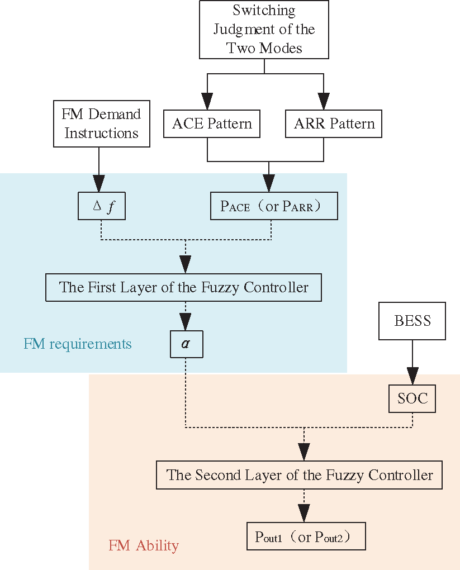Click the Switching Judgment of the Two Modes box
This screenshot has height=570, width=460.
[x=264, y=29]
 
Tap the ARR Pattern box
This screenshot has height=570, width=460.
[x=334, y=123]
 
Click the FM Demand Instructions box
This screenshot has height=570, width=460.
[x=101, y=123]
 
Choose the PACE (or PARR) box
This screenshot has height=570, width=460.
[x=274, y=206]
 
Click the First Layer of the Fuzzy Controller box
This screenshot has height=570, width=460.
[x=183, y=288]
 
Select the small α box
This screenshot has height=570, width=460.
[x=186, y=344]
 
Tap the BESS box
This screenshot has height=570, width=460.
[x=412, y=321]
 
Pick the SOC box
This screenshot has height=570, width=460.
[x=412, y=398]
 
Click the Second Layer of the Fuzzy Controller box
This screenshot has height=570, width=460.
[x=299, y=476]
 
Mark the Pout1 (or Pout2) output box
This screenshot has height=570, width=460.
[x=306, y=537]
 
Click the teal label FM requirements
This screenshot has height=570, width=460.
[x=78, y=344]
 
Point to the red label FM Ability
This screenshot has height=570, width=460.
[x=144, y=545]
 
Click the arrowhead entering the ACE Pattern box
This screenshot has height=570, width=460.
[x=207, y=102]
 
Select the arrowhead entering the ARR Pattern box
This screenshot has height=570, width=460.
[x=324, y=102]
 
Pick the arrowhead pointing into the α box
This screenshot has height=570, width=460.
[x=186, y=322]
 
